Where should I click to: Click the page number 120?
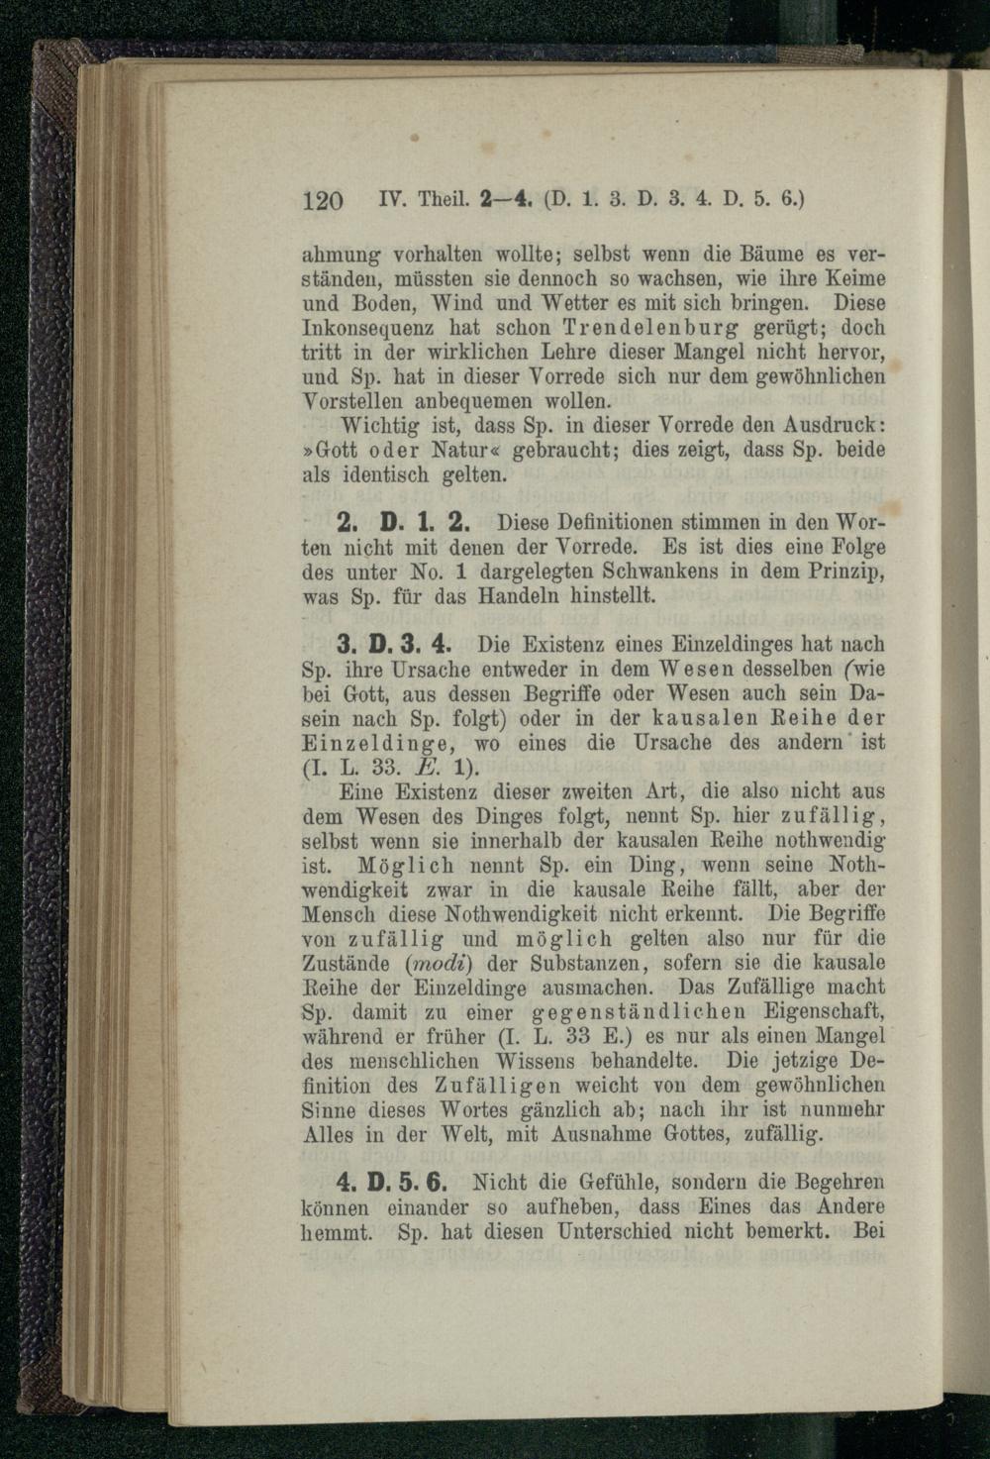pos(322,200)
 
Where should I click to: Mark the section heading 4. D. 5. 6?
pos(394,1183)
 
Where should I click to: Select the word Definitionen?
pos(613,522)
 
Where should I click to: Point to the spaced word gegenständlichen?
pos(643,1013)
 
